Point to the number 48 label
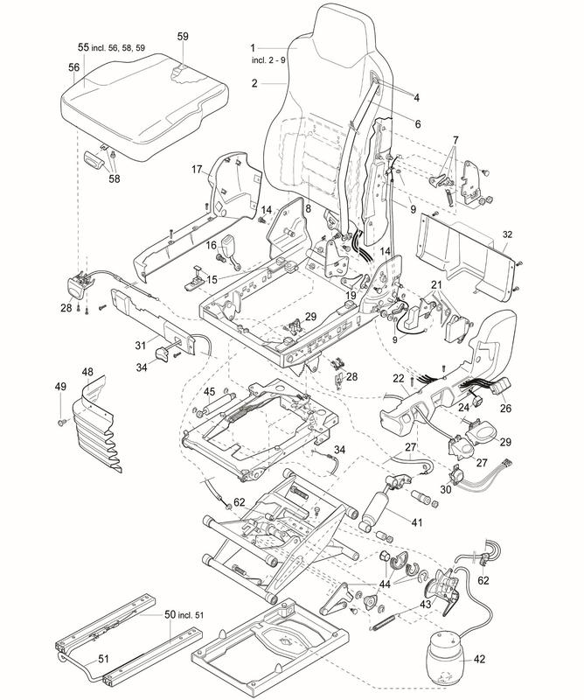point(87,372)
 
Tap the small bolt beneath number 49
point(62,423)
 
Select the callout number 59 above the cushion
point(183,36)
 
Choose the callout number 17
point(198,168)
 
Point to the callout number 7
point(455,141)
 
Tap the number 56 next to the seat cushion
point(74,66)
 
